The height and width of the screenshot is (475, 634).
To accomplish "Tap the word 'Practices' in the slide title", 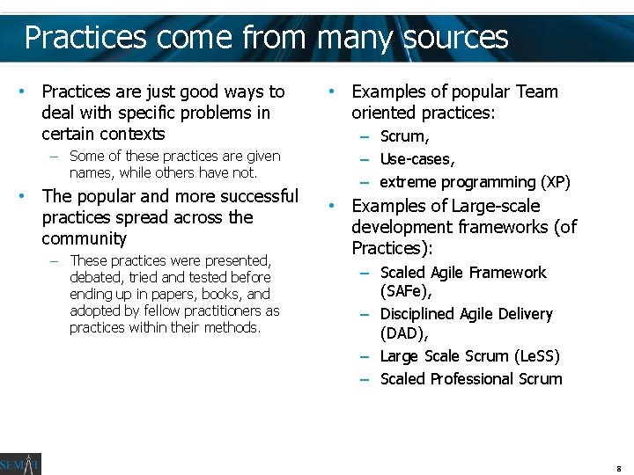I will [85, 37].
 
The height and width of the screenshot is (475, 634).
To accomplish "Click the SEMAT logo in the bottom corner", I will [20, 464].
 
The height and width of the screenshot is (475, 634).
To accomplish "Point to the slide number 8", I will [619, 468].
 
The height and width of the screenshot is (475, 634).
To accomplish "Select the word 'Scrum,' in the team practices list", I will [405, 136].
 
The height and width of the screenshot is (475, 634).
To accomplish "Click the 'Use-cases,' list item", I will [417, 159].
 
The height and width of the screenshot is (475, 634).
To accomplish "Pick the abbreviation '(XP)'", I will [555, 182].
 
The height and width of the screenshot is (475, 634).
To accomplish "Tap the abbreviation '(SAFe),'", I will [406, 290].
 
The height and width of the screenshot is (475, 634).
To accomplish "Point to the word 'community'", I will [85, 239].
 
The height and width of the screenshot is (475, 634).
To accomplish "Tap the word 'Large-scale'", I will [496, 206].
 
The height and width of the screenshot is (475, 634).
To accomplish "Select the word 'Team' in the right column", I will [537, 91].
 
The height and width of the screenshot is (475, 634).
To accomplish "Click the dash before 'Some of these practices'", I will [55, 157].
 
